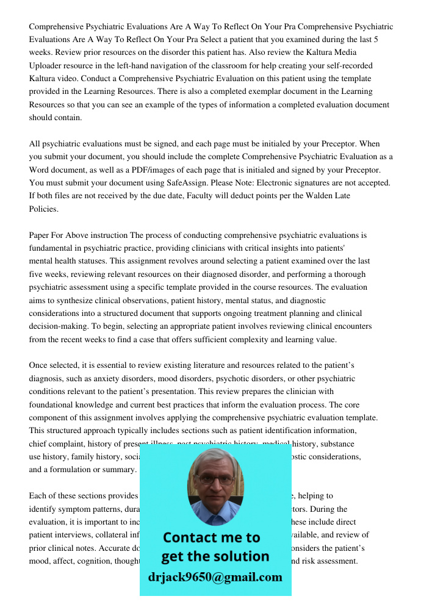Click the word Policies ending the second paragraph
[x=44, y=209]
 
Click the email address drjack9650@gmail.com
[x=215, y=577]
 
